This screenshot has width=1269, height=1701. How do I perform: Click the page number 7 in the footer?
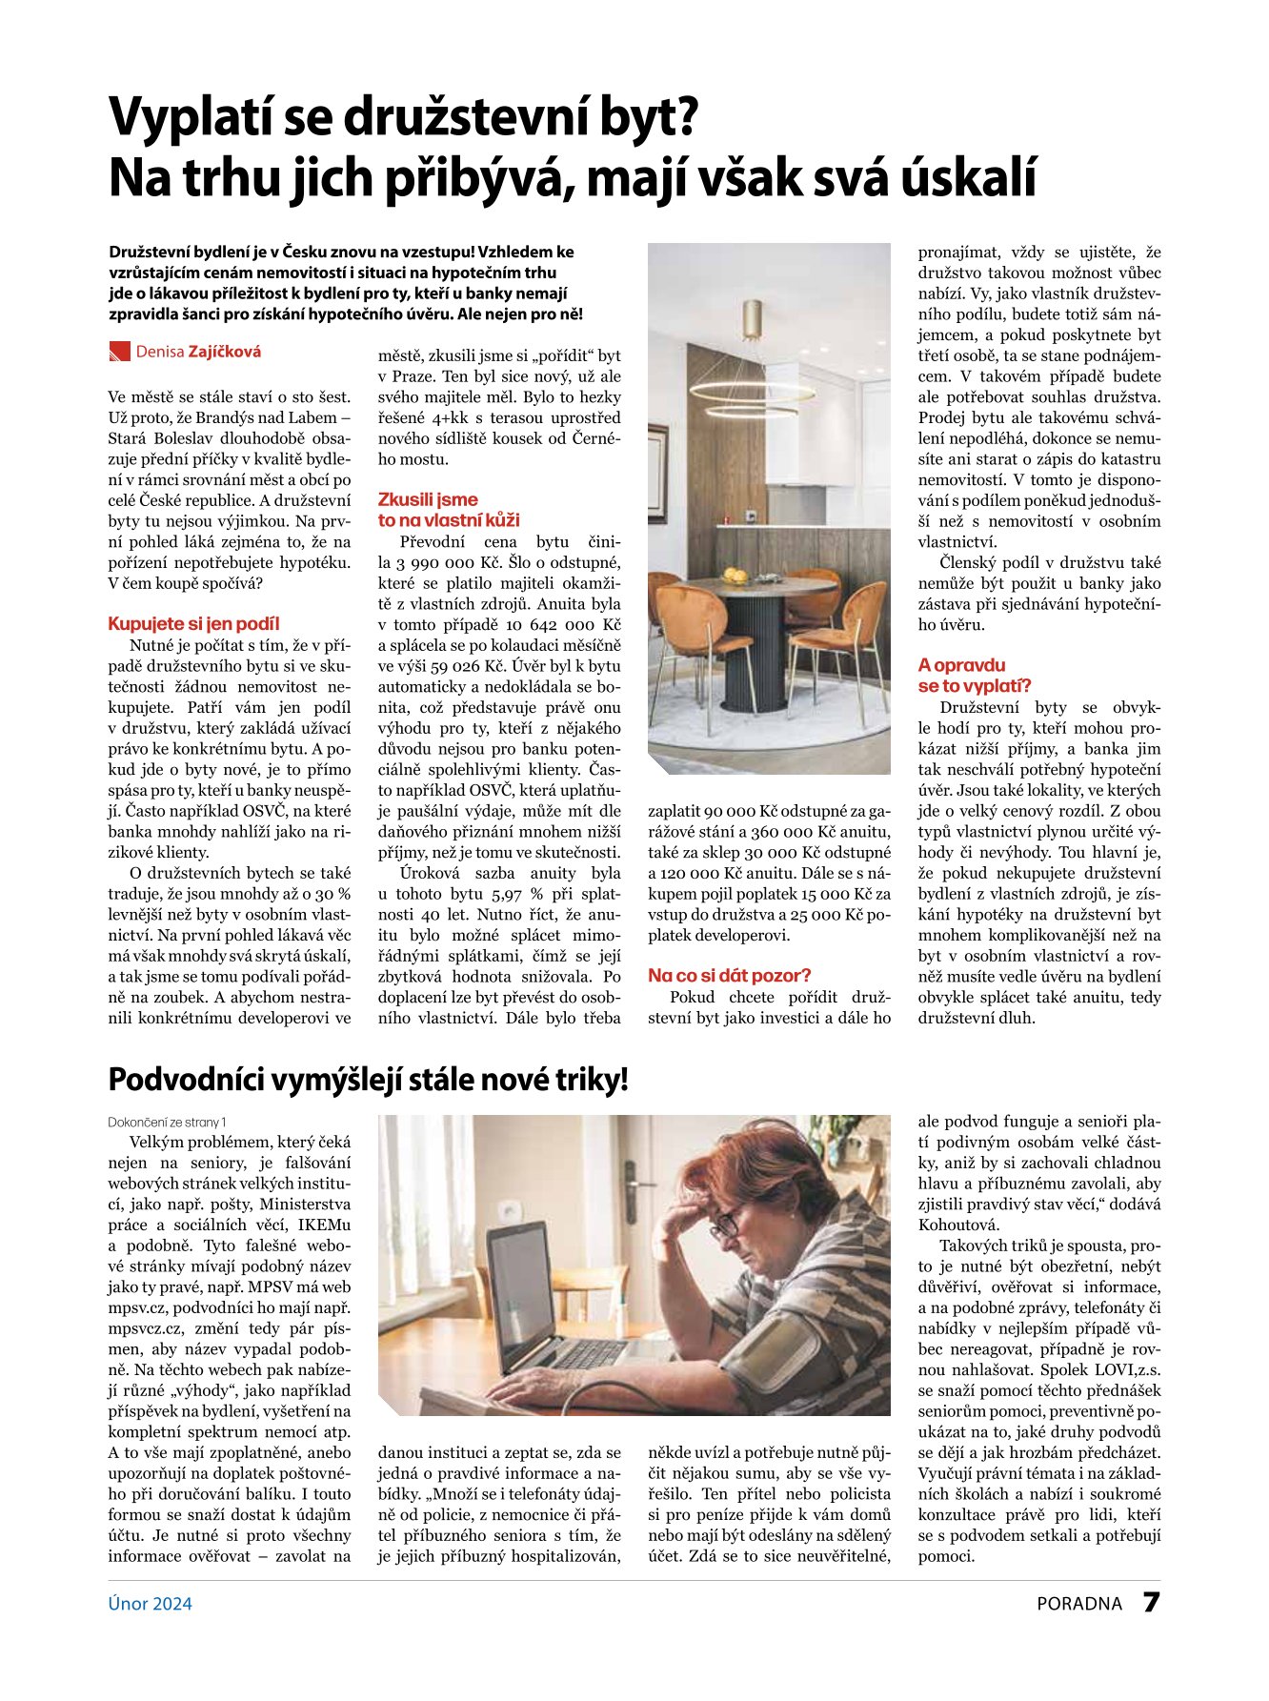pos(1151,1603)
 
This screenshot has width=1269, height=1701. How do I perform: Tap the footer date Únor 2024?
pos(150,1604)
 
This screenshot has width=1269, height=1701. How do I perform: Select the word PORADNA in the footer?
pos(1079,1604)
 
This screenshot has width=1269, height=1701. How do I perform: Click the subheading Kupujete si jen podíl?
pos(193,624)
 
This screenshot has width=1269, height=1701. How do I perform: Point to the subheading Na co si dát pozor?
pos(729,975)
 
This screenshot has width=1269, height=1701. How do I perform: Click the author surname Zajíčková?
pos(225,352)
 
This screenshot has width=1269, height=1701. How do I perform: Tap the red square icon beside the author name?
pos(119,352)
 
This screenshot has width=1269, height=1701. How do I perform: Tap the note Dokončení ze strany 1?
pos(167,1122)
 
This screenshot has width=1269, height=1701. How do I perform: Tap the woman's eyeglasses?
pos(729,1221)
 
